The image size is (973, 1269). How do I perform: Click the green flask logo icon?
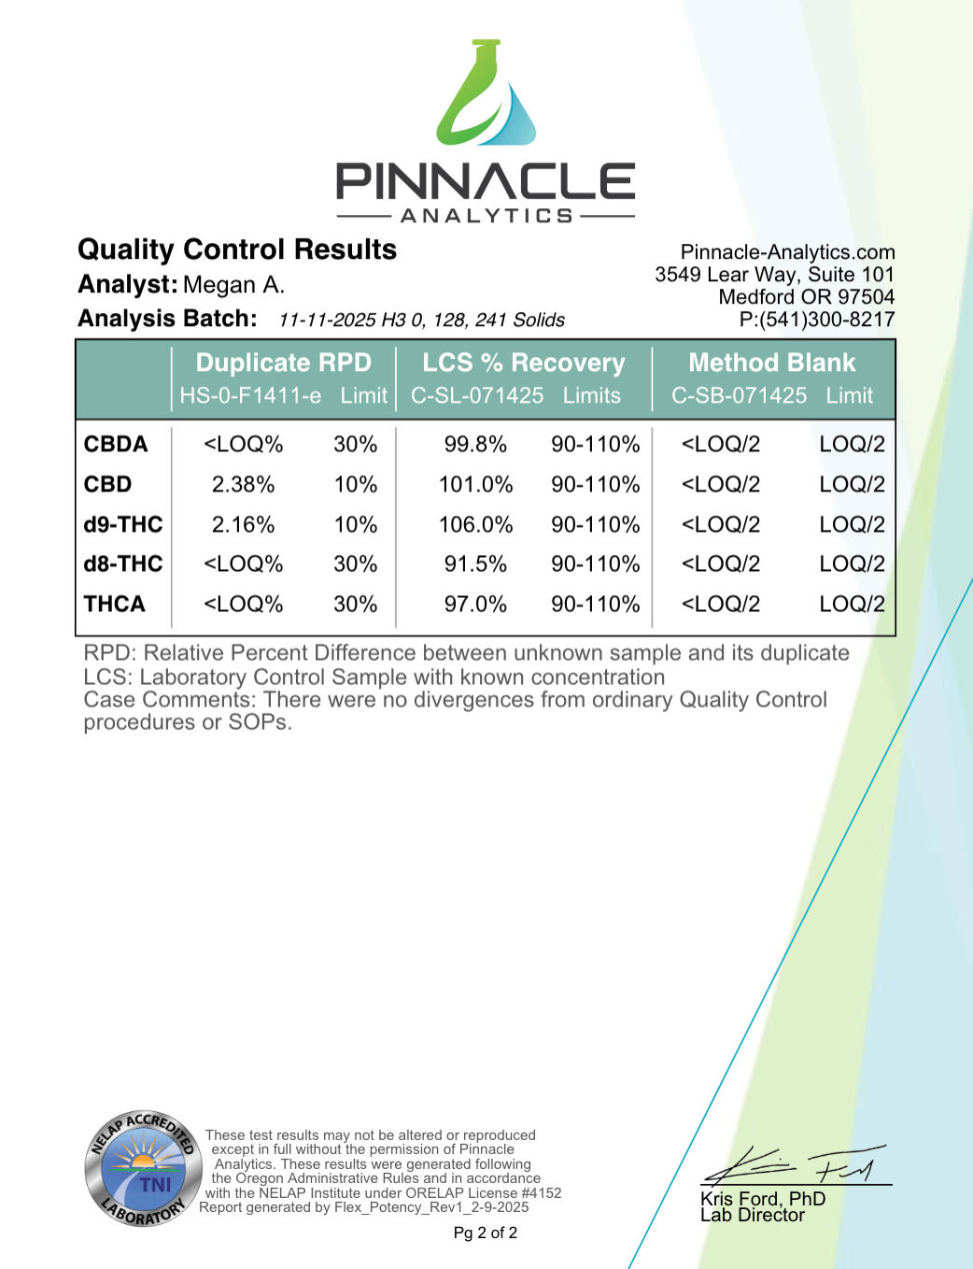[x=486, y=93]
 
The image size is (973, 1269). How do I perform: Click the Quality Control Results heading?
[x=237, y=250]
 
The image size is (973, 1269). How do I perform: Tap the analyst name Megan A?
[x=233, y=285]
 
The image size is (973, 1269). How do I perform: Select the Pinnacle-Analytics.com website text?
[x=787, y=252]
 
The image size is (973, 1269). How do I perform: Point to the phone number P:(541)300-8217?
[x=816, y=320]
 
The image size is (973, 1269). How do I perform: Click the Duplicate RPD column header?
[x=283, y=363]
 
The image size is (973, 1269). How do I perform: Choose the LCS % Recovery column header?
[x=523, y=363]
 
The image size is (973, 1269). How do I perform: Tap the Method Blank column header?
[x=771, y=363]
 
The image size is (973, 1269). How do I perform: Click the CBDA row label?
[x=116, y=444]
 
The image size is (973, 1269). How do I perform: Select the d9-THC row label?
[x=123, y=524]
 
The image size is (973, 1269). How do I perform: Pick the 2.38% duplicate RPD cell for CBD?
[x=243, y=484]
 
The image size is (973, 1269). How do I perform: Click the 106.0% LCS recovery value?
[x=475, y=524]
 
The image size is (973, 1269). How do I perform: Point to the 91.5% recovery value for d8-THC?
[x=475, y=564]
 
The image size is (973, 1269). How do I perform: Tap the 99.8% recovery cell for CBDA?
[x=475, y=444]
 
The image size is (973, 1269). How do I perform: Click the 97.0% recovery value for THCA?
[x=475, y=605]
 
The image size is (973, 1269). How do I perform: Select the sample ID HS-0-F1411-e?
[x=250, y=396]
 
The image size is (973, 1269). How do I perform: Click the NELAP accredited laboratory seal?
[x=143, y=1169]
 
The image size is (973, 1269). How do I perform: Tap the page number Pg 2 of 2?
[x=485, y=1233]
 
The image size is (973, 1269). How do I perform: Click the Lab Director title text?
[x=752, y=1215]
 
